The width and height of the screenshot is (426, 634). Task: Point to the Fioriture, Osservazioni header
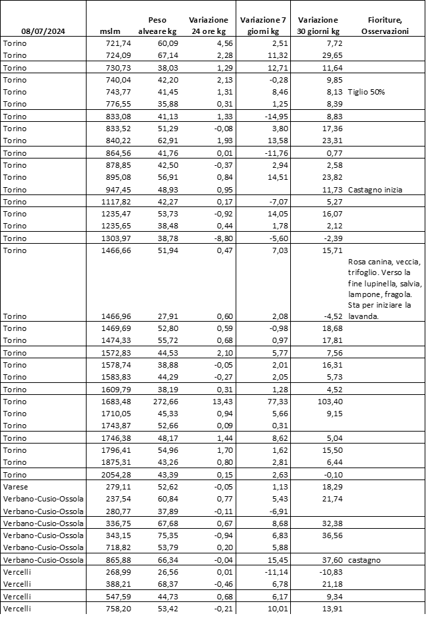tap(384, 25)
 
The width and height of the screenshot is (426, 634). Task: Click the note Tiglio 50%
tap(366, 92)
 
